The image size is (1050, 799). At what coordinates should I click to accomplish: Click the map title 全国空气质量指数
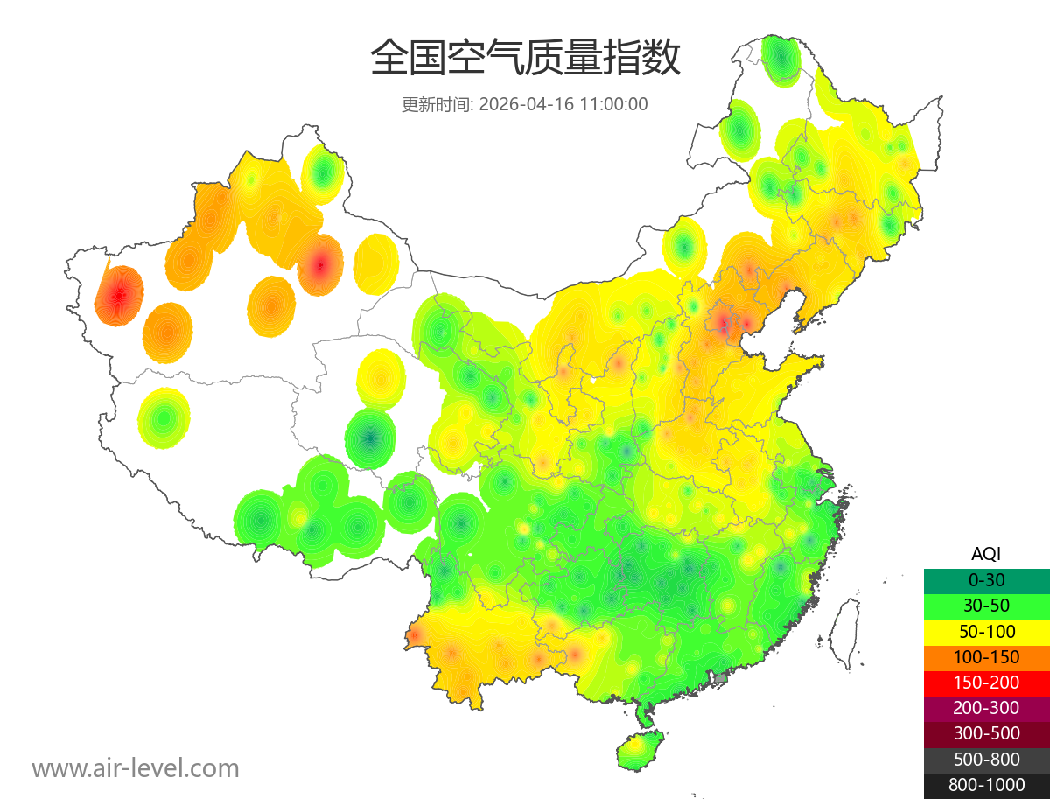525,59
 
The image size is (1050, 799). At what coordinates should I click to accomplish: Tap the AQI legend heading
986,554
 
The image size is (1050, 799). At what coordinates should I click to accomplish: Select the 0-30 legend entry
986,580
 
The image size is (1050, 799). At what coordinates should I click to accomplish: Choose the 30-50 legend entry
986,606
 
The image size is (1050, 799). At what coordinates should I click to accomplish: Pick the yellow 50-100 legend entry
986,631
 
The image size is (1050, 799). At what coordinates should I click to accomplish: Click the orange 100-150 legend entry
986,656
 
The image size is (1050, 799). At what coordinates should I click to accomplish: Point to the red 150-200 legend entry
986,683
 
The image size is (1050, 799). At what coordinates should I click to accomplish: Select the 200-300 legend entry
986,708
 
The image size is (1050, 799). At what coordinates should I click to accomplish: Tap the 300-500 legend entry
986,733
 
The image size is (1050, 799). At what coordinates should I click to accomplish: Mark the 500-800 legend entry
986,760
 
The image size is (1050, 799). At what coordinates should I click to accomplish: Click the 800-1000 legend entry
986,785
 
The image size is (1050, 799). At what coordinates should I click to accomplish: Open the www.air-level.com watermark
136,769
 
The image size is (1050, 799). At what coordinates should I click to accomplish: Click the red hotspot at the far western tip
118,296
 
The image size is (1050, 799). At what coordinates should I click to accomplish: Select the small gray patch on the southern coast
721,677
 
